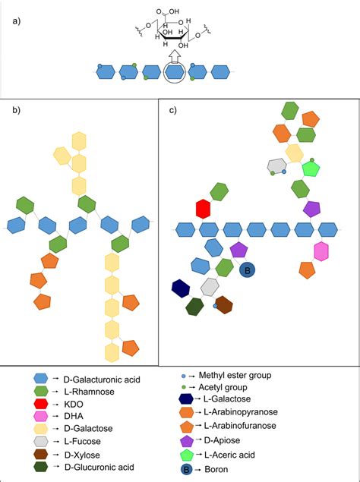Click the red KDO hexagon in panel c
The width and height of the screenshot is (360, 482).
pos(203,209)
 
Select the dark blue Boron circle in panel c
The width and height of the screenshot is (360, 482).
pos(246,269)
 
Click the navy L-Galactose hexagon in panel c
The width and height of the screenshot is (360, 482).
pos(181,288)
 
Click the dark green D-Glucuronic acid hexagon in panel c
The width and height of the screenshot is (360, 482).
pos(194,306)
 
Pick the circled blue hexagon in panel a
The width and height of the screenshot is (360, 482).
pos(174,72)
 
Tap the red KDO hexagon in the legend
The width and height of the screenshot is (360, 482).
pos(42,405)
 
